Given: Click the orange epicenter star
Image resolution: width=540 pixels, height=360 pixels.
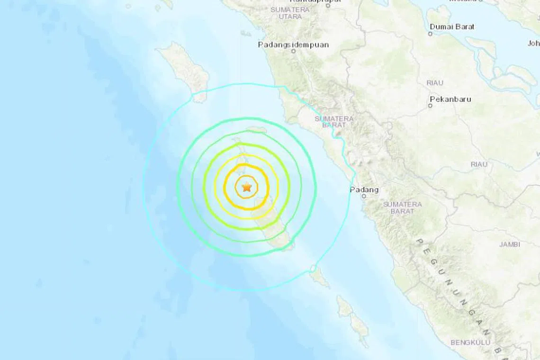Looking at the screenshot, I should click(x=246, y=188).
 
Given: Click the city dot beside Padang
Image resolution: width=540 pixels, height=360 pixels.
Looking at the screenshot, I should click(x=364, y=196).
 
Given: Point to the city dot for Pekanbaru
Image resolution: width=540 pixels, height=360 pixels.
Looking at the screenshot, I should click(x=430, y=106).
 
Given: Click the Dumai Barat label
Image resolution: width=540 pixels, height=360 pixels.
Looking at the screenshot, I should click(x=452, y=27).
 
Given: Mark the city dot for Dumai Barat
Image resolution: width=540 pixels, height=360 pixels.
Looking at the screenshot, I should click(x=431, y=34).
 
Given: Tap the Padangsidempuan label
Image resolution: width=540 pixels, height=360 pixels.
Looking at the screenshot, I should click(x=293, y=45).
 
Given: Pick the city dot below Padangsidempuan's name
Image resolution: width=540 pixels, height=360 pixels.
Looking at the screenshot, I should click(x=293, y=52).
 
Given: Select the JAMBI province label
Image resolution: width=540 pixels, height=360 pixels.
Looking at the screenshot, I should click(x=509, y=244).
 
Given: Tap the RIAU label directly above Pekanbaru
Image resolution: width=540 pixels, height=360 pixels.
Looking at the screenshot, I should click(x=435, y=83).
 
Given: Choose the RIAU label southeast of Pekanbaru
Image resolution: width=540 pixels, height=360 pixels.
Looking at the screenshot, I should click(x=479, y=164).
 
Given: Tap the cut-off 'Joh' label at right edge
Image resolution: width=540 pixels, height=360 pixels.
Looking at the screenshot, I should click(x=533, y=43).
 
